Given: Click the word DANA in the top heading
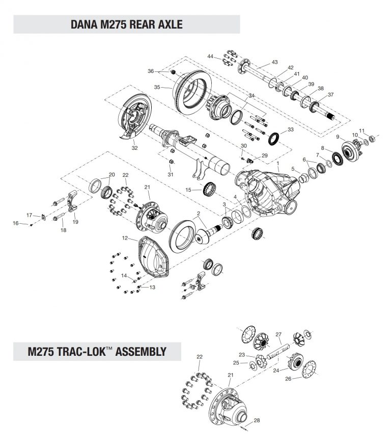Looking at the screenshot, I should [x=85, y=24].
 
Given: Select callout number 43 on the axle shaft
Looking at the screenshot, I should [x=274, y=62].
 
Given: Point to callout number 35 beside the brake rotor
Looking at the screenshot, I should [x=157, y=87].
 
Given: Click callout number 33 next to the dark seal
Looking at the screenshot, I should [x=290, y=130].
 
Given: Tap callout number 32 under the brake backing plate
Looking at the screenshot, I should [x=134, y=148].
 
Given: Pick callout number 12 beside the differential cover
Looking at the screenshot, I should [x=125, y=238].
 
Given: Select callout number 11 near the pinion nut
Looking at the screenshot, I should [x=362, y=130].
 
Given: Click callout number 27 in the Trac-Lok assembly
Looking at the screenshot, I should [x=278, y=334].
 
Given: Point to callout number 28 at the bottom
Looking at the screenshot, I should [x=257, y=421].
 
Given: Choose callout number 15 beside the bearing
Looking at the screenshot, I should [x=188, y=190].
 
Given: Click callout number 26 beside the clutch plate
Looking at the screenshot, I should [x=289, y=379].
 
